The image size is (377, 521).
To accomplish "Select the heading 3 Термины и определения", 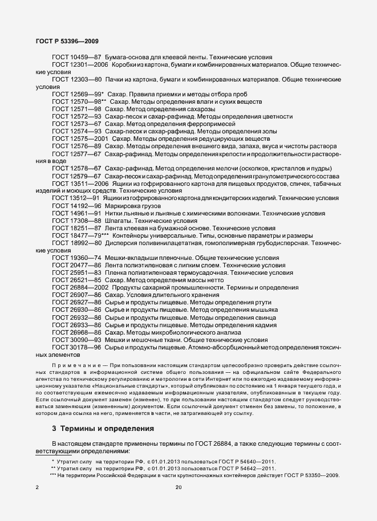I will pos(96,427).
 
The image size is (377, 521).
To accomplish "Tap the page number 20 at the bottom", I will pos(179,487).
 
